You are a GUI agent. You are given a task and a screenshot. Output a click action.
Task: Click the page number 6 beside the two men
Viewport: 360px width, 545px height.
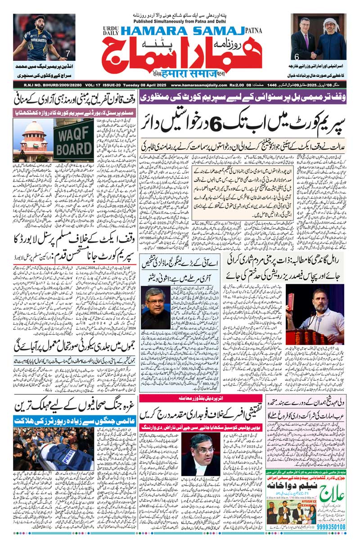pyautogui.click(x=297, y=57)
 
